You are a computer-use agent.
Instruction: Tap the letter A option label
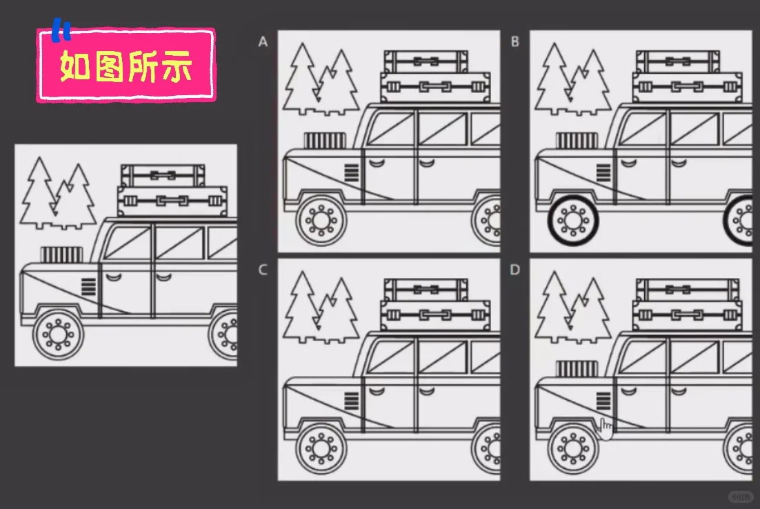tap(263, 42)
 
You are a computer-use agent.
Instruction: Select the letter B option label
tap(514, 42)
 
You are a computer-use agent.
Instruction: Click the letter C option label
tap(263, 270)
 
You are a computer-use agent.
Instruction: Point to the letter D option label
tap(514, 270)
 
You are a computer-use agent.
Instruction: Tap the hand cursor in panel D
tap(606, 428)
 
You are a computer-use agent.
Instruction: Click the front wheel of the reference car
tap(58, 335)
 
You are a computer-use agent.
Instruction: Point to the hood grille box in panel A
tap(325, 141)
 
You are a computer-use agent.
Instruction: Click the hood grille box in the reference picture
tap(61, 254)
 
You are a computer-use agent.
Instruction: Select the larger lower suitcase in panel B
tap(687, 87)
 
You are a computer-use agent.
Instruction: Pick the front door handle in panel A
tap(377, 163)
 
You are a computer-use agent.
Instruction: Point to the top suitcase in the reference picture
tap(163, 175)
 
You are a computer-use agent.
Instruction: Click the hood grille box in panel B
tap(577, 141)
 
